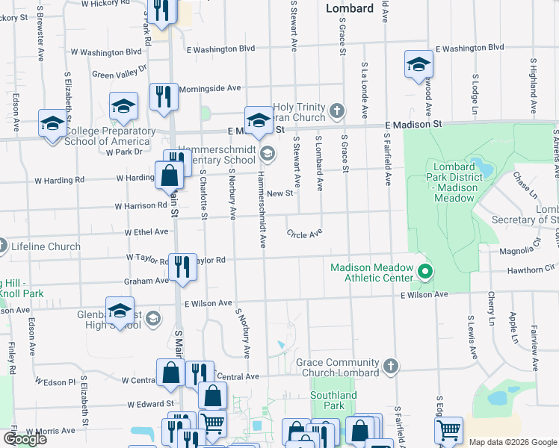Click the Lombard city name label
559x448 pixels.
(x=350, y=8)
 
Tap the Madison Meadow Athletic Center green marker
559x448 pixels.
(x=426, y=271)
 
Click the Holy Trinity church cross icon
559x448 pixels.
(x=337, y=111)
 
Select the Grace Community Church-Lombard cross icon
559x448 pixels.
(x=390, y=366)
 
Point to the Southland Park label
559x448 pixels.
(x=334, y=400)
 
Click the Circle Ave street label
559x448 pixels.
(x=304, y=234)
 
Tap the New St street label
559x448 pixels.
(x=279, y=193)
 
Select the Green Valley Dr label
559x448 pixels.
(x=120, y=75)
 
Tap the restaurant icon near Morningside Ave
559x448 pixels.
(x=163, y=96)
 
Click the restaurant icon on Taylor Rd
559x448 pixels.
(x=182, y=267)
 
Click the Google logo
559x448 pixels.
(x=25, y=439)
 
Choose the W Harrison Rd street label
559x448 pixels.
(x=141, y=205)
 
